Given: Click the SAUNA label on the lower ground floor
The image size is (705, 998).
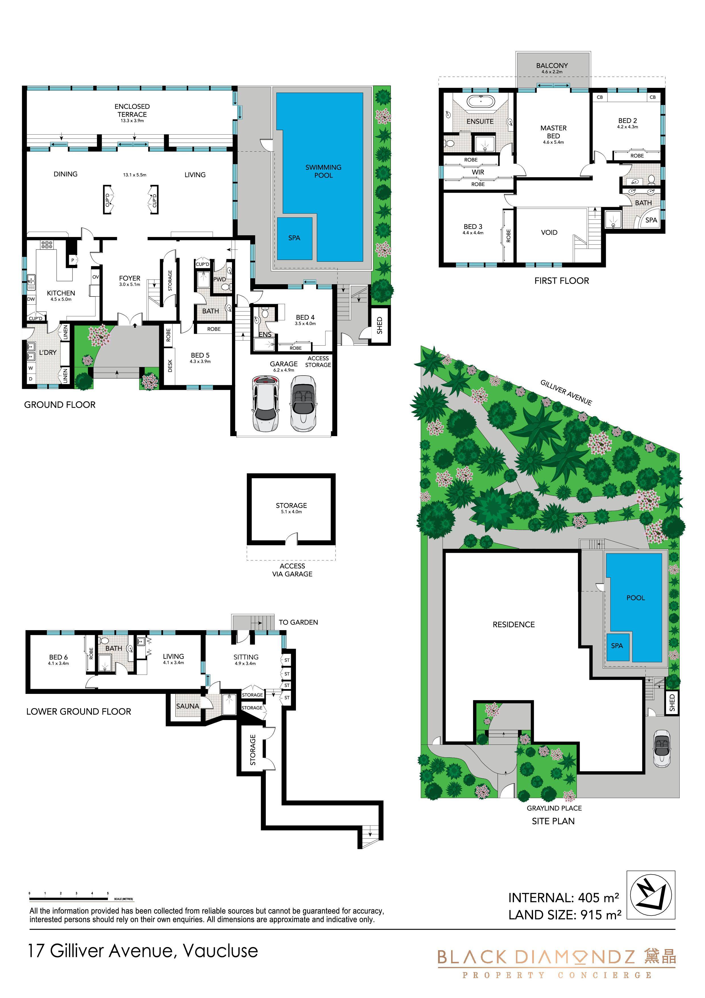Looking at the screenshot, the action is pos(188,706).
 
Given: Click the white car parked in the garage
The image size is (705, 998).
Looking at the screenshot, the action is pos(265,403).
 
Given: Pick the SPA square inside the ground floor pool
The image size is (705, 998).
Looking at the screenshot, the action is pos(295,238).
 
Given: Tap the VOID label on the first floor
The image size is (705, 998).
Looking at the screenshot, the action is pos(549,232).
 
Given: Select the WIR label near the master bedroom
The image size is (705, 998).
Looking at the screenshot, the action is pos(478,172).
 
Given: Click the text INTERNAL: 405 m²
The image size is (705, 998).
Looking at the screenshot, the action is pos(563,898).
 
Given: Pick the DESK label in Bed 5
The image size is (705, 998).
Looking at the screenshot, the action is pos(170,366).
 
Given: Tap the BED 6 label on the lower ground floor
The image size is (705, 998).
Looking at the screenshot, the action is pos(58,657).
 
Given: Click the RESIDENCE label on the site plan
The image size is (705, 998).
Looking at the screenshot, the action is pos(513,625).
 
